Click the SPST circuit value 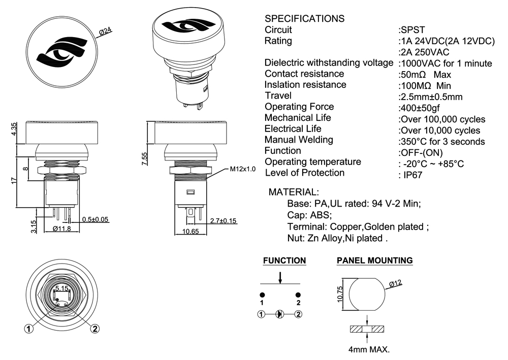411,29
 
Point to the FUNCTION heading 284,260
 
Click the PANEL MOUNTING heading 374,260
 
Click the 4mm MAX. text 368,350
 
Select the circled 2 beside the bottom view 94,329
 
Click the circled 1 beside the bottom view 29,329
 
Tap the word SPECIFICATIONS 305,19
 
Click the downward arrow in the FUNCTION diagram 280,279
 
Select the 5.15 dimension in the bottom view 62,288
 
